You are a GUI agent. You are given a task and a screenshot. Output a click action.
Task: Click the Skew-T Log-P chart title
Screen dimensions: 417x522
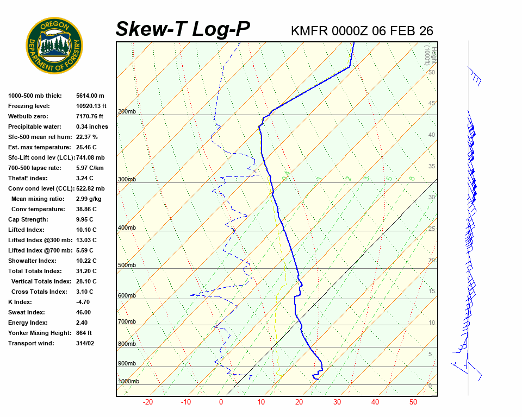point(183,29)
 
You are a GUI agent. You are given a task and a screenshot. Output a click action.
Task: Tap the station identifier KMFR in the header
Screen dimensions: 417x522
point(309,31)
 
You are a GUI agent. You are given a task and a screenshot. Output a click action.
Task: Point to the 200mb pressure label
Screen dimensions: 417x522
point(127,112)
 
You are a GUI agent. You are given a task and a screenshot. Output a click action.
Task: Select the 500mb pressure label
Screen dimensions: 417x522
point(127,265)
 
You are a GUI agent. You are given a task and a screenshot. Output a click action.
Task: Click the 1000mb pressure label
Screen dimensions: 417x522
point(128,382)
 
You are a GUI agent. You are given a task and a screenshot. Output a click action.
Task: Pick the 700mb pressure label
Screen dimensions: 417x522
point(127,322)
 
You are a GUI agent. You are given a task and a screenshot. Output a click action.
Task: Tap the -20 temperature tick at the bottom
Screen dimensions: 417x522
point(147,402)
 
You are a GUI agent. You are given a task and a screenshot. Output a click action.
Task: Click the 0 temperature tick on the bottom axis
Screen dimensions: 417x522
point(221,402)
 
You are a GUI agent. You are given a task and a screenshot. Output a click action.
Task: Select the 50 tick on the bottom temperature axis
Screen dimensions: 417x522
point(413,402)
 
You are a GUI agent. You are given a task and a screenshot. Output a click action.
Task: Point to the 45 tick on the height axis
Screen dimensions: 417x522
point(432,104)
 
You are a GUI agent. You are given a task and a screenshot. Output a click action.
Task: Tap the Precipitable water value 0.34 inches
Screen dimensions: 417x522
point(92,127)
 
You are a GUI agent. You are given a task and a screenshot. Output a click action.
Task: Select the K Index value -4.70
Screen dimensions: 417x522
point(84,302)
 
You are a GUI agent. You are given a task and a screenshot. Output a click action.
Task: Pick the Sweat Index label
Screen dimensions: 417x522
point(26,312)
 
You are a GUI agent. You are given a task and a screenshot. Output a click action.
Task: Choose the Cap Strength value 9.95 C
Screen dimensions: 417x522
point(86,219)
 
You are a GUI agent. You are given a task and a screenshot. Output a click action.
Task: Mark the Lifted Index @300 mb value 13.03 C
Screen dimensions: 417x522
point(86,240)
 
